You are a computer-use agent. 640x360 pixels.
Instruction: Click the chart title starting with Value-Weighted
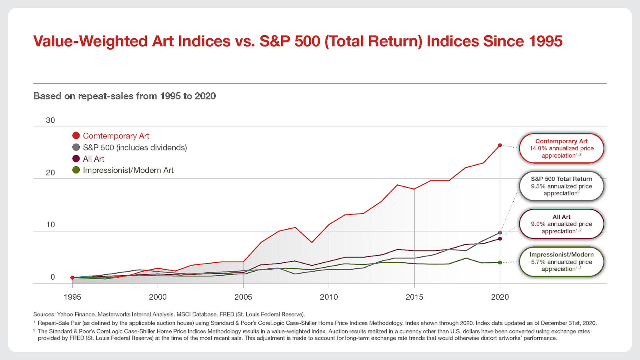pos(298,41)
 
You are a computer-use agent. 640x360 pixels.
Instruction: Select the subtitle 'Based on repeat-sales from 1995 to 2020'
pos(124,96)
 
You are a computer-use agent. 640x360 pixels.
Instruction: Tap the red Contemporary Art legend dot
pos(76,136)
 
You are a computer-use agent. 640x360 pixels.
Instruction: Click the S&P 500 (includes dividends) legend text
pos(135,148)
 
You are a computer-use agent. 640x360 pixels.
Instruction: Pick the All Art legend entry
pos(88,158)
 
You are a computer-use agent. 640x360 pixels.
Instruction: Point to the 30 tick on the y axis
pos(50,120)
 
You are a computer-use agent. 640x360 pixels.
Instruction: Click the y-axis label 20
pos(50,172)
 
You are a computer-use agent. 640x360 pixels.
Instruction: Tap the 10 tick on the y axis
pos(50,225)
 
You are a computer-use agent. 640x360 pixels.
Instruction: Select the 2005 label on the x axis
pos(243,297)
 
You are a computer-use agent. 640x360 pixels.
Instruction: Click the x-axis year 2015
pos(414,297)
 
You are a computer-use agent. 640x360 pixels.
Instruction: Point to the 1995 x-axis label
pos(72,297)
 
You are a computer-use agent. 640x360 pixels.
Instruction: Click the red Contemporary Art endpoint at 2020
pos(500,146)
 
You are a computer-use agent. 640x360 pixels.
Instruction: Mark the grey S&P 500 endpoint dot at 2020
pos(500,233)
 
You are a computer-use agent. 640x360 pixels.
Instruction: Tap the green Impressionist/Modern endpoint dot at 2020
pos(500,262)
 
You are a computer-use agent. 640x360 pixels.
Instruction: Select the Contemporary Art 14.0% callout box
pos(562,148)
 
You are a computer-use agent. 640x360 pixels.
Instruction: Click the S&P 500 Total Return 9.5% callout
pos(562,186)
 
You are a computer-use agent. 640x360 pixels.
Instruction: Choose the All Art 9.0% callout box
pos(562,224)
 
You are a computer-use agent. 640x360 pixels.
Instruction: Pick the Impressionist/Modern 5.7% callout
pos(562,262)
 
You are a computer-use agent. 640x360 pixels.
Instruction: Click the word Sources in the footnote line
pos(44,314)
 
